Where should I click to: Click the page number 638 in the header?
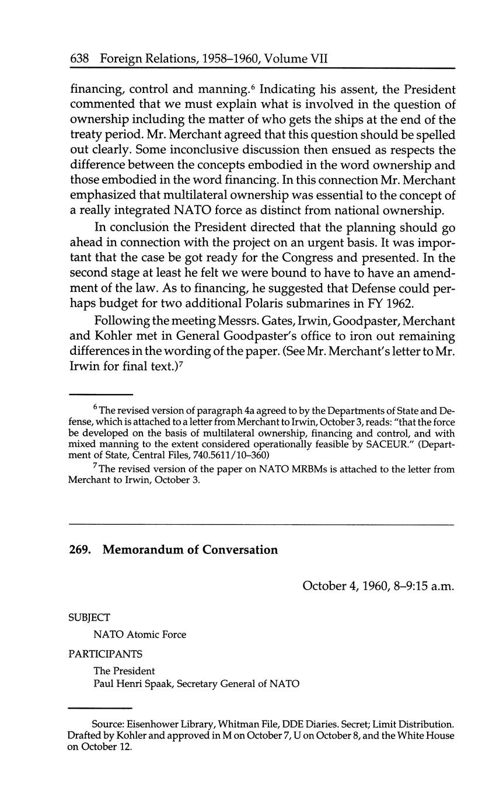[x=79, y=58]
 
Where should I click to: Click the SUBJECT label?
[x=89, y=617]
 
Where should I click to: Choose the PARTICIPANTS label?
[x=105, y=654]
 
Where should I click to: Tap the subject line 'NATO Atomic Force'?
[x=139, y=635]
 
